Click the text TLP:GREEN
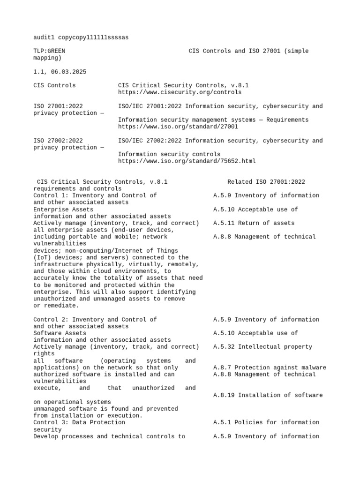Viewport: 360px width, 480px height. pos(49,51)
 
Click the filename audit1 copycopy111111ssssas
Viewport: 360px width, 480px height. pos(81,37)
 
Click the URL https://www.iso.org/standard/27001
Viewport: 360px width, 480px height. pos(178,127)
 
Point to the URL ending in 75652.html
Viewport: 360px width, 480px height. pos(187,161)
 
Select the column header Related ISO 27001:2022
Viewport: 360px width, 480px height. pos(266,182)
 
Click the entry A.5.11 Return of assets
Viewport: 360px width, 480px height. pos(254,223)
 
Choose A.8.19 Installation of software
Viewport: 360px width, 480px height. pos(268,395)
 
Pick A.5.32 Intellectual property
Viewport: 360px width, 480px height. pos(262,347)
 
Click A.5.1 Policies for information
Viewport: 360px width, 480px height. pos(266,422)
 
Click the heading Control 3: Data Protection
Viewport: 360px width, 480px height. pos(79,422)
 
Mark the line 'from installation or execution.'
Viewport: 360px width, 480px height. pos(88,416)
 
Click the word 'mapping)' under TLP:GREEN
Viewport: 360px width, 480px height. pos(47,58)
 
